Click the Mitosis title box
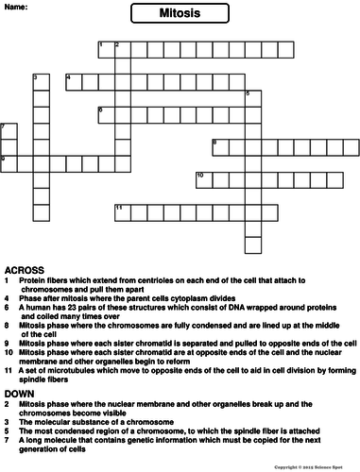coord(180,14)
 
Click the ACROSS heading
coord(22,270)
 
